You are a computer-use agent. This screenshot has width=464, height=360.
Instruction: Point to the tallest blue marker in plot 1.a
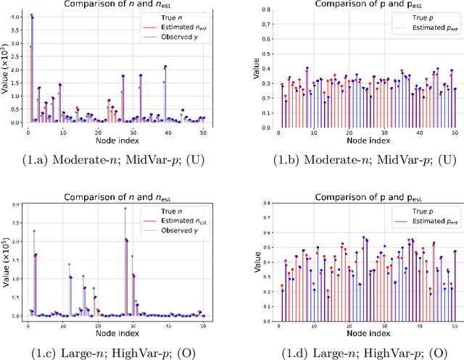coord(31,16)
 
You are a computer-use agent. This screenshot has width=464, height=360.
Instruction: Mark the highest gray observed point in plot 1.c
coord(124,209)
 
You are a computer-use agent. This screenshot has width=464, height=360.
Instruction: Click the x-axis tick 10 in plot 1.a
coord(62,128)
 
